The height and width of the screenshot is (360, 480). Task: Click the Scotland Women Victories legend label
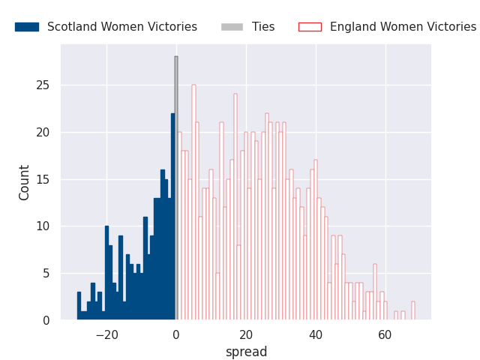pos(122,27)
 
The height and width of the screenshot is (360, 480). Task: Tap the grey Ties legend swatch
pos(232,27)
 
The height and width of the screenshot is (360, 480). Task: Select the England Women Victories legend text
pos(403,27)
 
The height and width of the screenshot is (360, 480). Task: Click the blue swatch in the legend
pos(26,27)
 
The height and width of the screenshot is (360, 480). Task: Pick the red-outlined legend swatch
pos(310,27)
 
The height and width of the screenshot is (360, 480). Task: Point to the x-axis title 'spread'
pos(246,352)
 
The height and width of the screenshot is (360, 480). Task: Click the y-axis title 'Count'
pos(25,182)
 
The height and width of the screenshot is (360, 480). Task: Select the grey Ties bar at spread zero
pos(176,187)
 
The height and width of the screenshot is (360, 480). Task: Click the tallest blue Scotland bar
pos(172,217)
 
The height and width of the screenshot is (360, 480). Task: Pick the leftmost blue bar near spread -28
pos(79,306)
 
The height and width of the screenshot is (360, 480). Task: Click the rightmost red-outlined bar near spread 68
pos(412,310)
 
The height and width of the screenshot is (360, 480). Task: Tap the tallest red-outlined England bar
pos(193,202)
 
